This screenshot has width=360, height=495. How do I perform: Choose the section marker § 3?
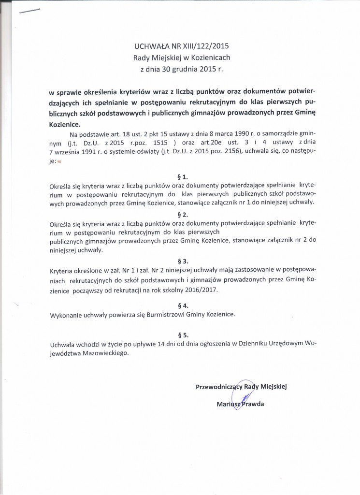[183, 260]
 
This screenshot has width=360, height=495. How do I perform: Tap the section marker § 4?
[183, 306]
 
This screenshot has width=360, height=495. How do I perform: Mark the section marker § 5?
[183, 335]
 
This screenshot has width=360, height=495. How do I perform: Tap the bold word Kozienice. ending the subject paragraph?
[65, 124]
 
